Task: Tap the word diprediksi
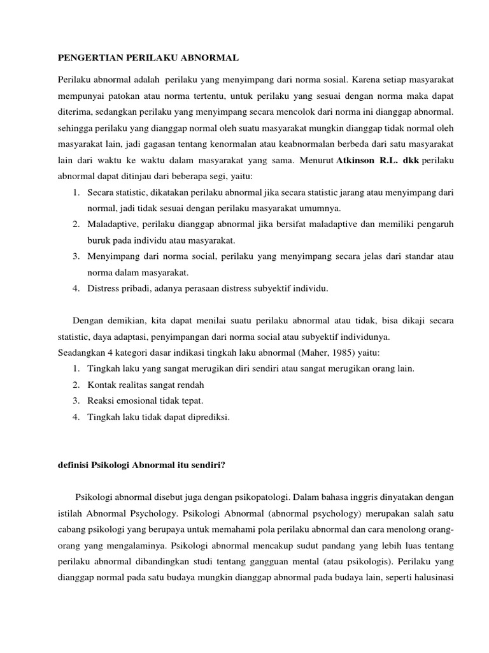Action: point(204,418)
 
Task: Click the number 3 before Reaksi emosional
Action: point(75,401)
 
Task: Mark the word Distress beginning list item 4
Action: point(104,289)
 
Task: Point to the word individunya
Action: point(368,336)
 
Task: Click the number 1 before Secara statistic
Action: point(75,192)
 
